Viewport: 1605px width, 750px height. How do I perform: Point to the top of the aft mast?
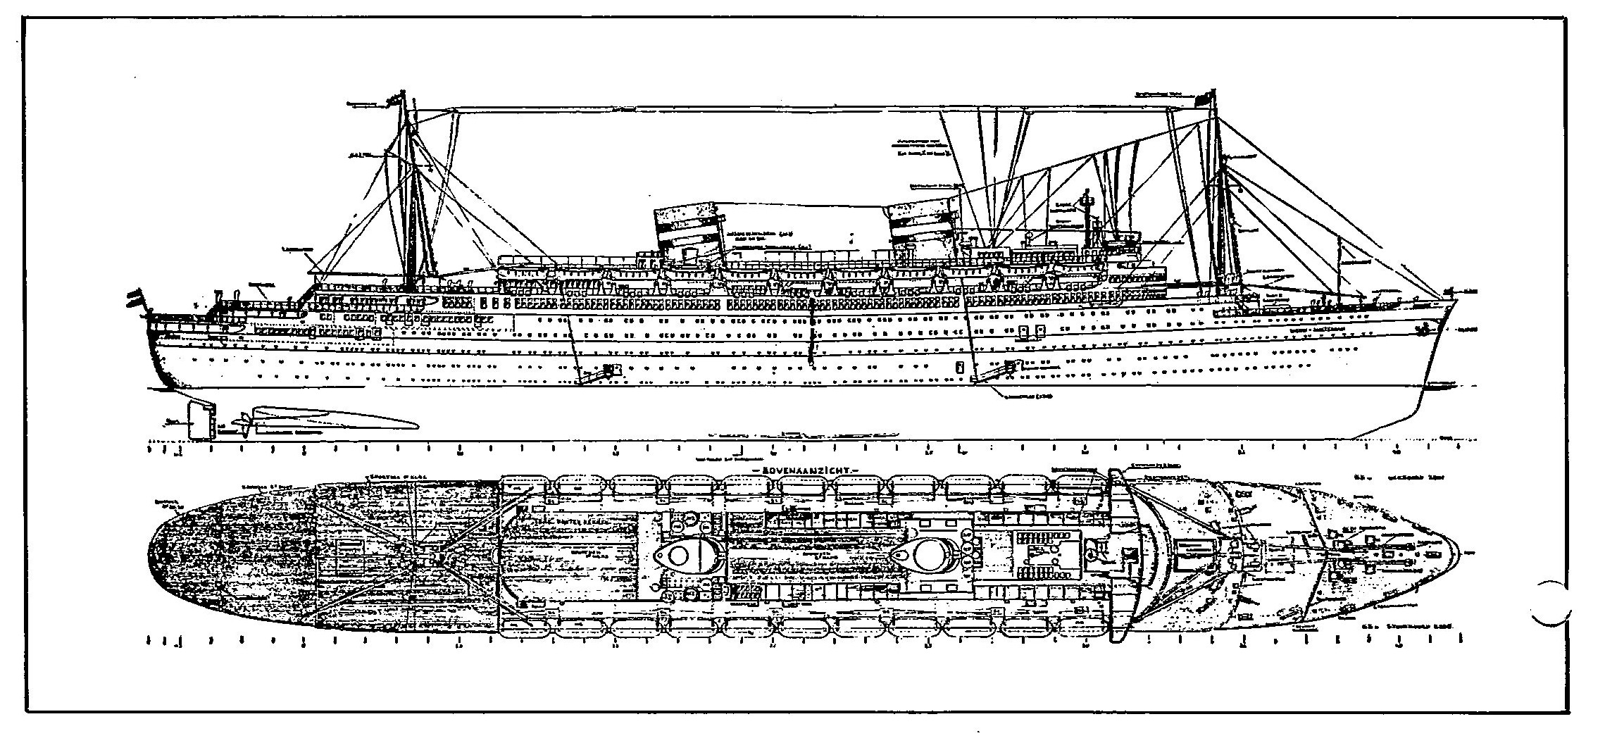[403, 95]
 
